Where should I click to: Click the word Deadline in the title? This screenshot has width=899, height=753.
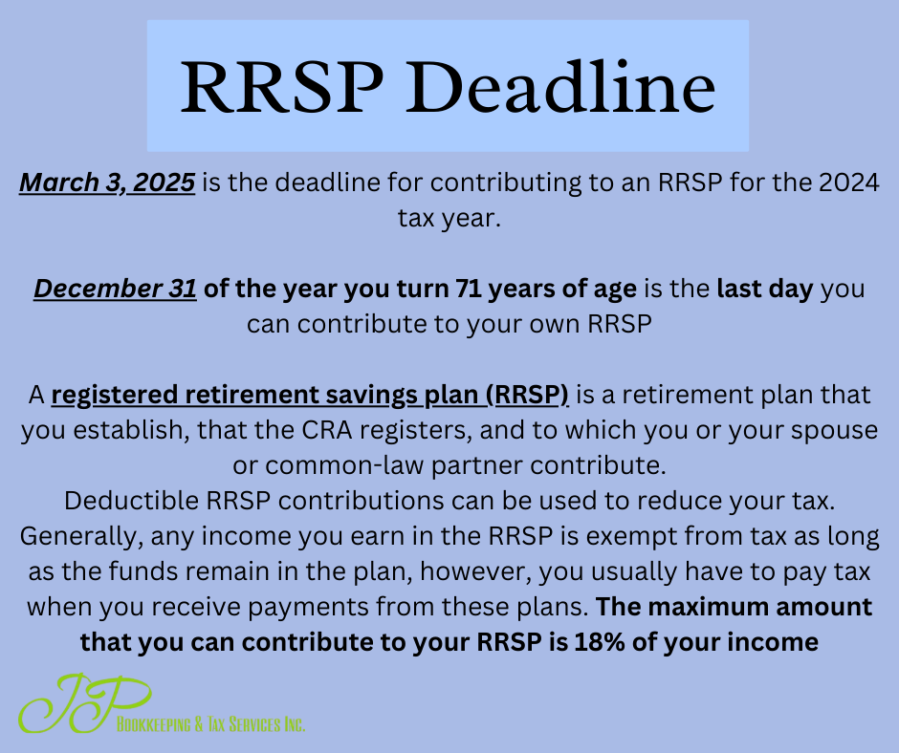click(560, 87)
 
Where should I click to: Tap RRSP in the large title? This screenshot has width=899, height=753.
click(282, 87)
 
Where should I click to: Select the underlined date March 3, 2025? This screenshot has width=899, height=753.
click(107, 183)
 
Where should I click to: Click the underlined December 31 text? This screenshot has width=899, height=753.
click(115, 289)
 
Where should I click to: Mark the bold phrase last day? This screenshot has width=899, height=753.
click(765, 289)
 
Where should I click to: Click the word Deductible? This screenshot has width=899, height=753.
click(131, 501)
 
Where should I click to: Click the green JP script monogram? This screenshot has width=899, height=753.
click(85, 703)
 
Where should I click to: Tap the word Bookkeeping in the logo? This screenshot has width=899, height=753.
click(154, 724)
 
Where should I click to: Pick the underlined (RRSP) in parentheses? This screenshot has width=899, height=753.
click(528, 395)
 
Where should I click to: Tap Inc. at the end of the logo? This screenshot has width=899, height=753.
click(295, 724)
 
